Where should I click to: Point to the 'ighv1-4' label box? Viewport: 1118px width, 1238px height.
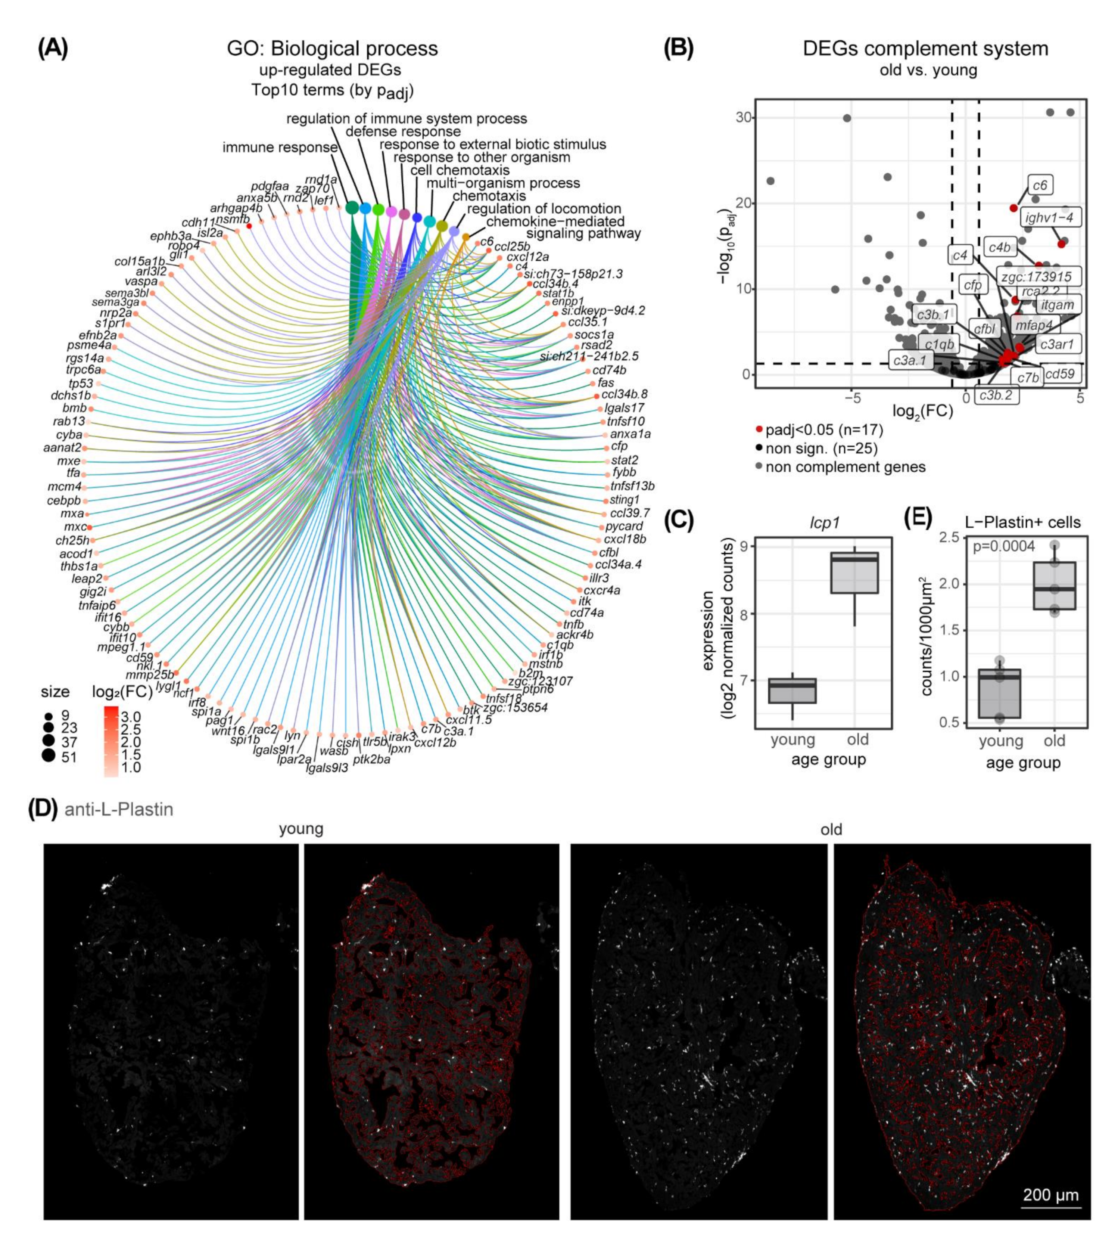[1049, 217]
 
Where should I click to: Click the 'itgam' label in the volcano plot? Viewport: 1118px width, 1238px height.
[1057, 305]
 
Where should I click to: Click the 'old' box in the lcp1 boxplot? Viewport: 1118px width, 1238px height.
[854, 573]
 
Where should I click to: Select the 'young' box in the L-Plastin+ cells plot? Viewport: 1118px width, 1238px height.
[1000, 693]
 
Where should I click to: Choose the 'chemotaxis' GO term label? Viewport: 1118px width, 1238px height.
[489, 196]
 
